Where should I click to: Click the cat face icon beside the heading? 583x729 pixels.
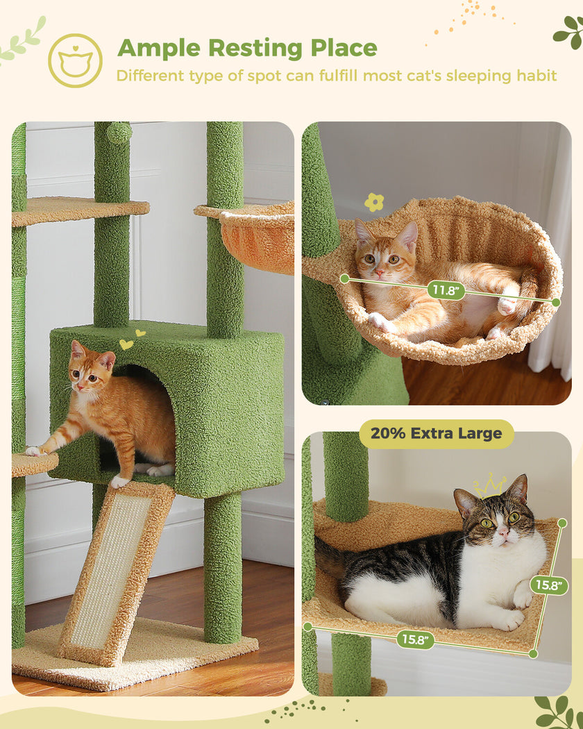coord(75,61)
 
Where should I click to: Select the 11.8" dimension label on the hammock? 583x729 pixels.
coord(446,290)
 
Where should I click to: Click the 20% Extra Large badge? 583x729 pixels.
coord(436,434)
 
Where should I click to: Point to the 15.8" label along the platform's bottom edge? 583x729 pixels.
coord(416,639)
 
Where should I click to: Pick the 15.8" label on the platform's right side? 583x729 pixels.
coord(550,585)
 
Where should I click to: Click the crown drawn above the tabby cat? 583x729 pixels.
coord(489,485)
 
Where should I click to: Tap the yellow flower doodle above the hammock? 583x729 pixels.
coord(374,202)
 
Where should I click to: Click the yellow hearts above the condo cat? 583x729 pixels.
coord(131,340)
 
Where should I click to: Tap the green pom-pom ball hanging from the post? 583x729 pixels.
coord(119,133)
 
